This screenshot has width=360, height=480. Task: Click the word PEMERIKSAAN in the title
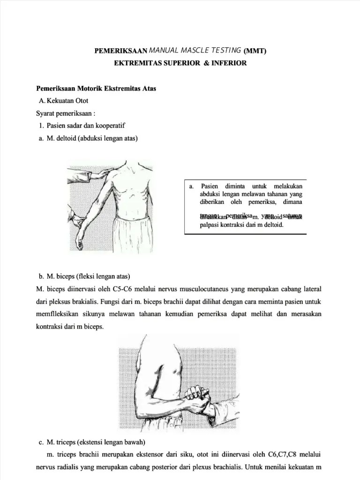[121, 51]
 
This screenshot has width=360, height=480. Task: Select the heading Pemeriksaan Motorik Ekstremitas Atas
[96, 88]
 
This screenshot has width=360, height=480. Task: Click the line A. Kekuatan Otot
[64, 101]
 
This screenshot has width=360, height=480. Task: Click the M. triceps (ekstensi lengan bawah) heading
[92, 442]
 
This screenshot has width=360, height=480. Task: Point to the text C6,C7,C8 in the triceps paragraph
[281, 454]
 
